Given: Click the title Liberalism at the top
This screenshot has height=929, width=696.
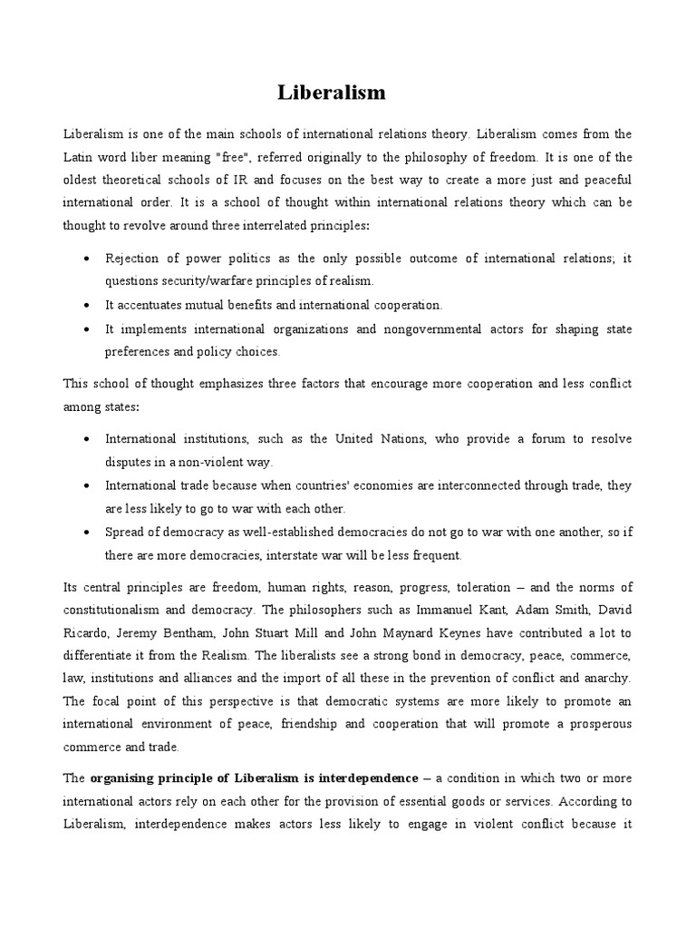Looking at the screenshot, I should point(331,93).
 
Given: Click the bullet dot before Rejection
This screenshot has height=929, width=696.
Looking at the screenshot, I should point(85,259).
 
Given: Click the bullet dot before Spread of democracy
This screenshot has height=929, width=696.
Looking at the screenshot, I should point(85,533).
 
